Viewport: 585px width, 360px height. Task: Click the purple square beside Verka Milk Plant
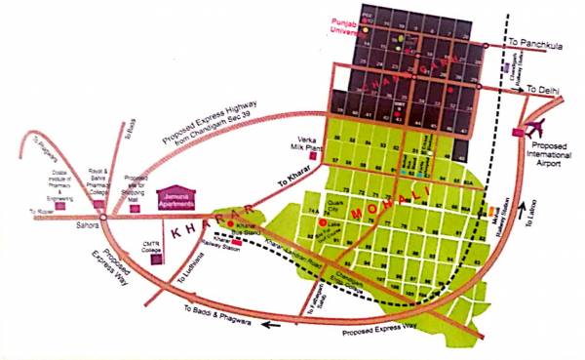coord(313,154)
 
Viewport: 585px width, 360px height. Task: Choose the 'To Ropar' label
coord(41,212)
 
